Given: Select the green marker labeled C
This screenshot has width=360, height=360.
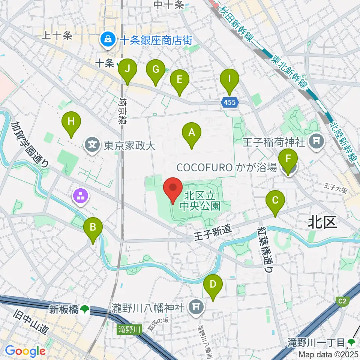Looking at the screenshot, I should point(275,202).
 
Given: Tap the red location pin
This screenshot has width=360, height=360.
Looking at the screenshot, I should point(173,189).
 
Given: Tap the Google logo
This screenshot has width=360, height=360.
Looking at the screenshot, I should point(25,351).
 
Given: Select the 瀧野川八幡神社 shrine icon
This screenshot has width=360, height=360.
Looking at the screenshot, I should point(195,307).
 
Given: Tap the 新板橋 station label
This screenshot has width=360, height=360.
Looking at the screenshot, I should point(64,309).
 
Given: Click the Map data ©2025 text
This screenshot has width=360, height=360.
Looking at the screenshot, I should point(328,354).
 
